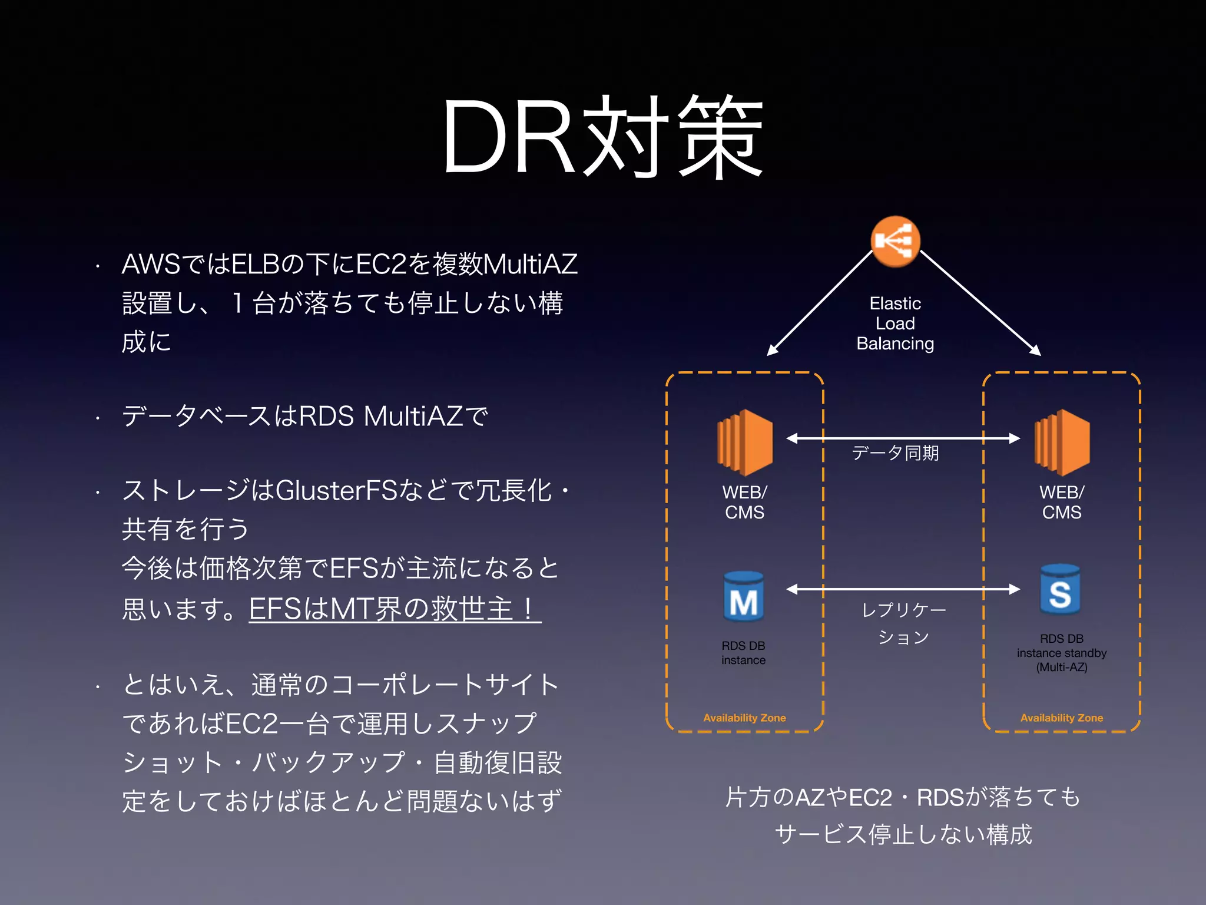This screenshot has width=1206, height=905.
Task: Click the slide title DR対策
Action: [603, 137]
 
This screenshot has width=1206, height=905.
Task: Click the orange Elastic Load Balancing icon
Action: [895, 242]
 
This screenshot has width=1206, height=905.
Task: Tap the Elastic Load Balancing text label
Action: [895, 323]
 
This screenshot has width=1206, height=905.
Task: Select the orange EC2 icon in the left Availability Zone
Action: [745, 442]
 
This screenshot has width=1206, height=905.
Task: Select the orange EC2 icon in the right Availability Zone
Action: [1062, 442]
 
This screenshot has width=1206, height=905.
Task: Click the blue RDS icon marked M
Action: [744, 597]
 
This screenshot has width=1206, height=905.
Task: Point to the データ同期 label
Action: [895, 452]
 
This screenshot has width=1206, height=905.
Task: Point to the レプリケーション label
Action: [903, 623]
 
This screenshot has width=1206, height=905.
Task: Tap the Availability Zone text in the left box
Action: [744, 718]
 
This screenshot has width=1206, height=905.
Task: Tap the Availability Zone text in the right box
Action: [1061, 718]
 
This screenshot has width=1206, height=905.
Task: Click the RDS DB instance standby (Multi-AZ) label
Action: [1061, 653]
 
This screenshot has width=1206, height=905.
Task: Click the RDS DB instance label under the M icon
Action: [743, 653]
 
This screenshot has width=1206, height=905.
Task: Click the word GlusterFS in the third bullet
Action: [336, 490]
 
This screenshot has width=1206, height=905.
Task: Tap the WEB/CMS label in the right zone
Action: [1061, 502]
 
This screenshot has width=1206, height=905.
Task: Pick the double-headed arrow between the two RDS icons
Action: [903, 589]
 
